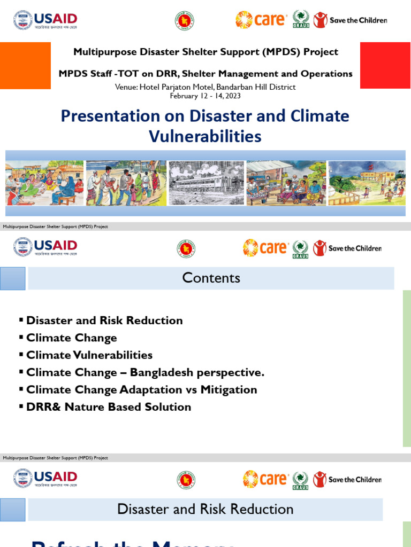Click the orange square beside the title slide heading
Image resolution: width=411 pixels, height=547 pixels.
(25, 66)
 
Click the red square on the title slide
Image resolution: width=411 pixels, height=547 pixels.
(385, 66)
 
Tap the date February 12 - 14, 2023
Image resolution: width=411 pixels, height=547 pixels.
(205, 96)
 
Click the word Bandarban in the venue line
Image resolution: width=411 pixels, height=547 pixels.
(232, 87)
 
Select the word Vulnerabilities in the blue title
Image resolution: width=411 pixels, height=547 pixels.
(205, 137)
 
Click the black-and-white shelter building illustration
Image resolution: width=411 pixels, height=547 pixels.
(206, 183)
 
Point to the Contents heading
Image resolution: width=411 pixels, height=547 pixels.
(211, 278)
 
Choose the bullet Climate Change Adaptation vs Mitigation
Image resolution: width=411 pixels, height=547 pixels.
(141, 390)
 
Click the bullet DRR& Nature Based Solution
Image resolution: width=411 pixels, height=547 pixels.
(108, 407)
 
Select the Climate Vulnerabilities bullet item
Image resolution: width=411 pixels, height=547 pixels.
(89, 355)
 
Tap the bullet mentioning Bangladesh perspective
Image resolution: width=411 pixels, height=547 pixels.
(145, 373)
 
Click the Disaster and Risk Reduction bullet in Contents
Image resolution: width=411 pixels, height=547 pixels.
(104, 321)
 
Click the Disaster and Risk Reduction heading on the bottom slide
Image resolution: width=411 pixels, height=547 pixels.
(205, 510)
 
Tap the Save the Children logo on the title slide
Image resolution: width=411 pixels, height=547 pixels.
(350, 20)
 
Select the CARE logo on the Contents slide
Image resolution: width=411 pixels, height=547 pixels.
(266, 248)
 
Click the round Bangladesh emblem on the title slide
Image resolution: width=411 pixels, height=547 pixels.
(184, 21)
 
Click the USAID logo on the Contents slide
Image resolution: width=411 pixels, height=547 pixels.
(45, 248)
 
